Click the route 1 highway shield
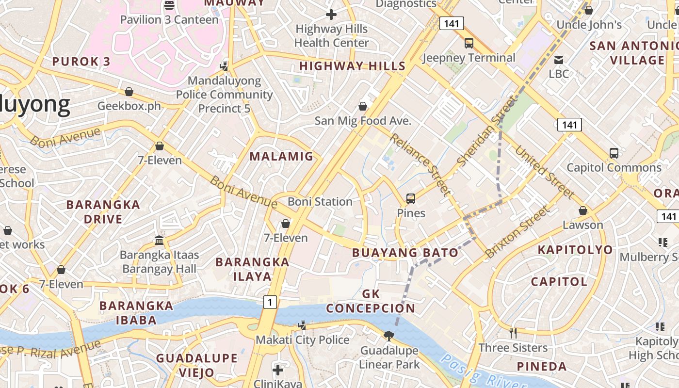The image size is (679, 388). [x=270, y=302]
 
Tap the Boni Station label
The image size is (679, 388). [x=320, y=201]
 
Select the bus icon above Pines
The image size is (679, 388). [x=411, y=198]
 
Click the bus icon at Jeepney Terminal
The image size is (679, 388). [x=469, y=43]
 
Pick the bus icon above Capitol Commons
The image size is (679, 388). [x=614, y=153]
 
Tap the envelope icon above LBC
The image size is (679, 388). [x=559, y=60]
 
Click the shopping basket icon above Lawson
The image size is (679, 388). [x=583, y=211]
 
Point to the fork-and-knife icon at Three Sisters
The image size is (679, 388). [x=513, y=333]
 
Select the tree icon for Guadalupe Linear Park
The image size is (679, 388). [x=388, y=336]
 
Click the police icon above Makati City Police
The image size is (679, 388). [x=302, y=325]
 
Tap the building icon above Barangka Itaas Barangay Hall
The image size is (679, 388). [x=159, y=240]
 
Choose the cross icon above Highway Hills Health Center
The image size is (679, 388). [x=331, y=15]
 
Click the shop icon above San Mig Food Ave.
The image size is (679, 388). [x=362, y=106]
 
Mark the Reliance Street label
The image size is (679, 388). [x=420, y=164]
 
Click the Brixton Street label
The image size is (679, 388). [x=518, y=232]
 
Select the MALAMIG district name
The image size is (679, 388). [x=281, y=156]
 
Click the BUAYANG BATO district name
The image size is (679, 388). [x=405, y=253]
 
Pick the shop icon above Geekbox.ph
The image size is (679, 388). [x=129, y=92]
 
